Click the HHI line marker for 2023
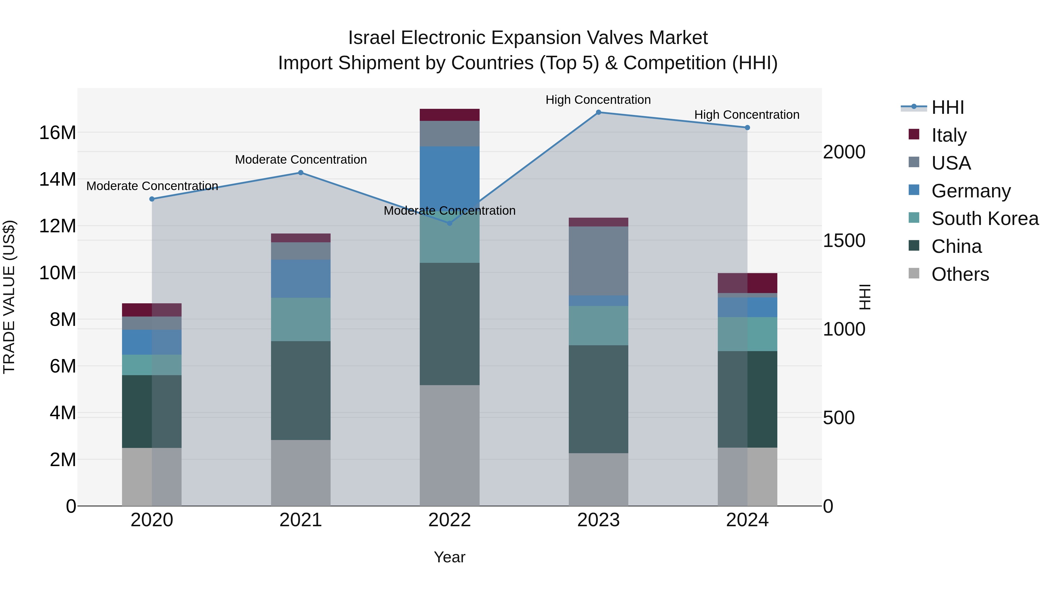coord(598,112)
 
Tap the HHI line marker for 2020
coord(152,199)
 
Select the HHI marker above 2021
coord(300,172)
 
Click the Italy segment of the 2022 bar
coord(449,115)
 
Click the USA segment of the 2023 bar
coord(598,261)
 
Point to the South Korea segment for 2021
coord(300,319)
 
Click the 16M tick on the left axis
coord(57,133)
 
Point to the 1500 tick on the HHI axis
coord(844,241)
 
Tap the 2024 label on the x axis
coord(747,520)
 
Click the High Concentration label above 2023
coord(598,100)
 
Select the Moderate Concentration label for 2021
coord(300,160)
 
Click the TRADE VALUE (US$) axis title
coord(9,297)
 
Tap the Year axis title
coord(449,557)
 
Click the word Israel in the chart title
coord(371,38)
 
